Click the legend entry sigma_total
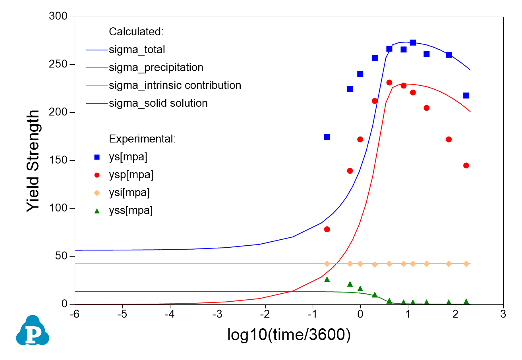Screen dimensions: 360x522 137,50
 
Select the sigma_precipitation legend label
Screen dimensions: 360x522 156,67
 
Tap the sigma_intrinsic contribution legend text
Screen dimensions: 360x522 175,85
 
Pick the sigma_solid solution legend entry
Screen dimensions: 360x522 158,104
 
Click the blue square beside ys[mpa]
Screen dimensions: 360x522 97,157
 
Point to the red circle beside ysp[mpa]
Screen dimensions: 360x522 97,175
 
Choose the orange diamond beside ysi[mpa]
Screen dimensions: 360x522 97,193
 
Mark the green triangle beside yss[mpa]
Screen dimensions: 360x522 97,211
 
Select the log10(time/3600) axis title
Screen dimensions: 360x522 289,335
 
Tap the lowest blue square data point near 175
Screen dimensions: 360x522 327,137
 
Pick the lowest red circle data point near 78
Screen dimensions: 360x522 327,229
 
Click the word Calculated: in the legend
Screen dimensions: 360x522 136,31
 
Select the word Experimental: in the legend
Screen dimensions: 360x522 142,139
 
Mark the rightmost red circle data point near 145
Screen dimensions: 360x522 466,166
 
